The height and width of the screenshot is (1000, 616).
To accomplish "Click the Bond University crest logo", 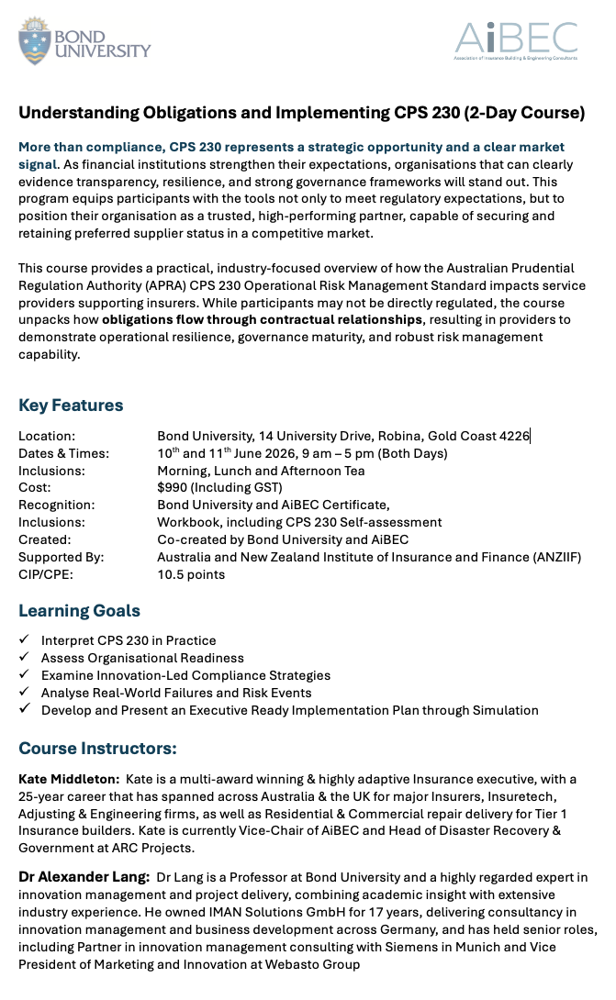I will click(x=35, y=41).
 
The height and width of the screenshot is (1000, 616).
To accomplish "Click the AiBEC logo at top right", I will click(x=516, y=41).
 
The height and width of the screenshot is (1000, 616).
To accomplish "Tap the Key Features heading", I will click(x=71, y=406).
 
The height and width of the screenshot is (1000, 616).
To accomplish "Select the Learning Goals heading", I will click(x=80, y=611).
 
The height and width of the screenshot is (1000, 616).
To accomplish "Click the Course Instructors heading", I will click(x=98, y=749).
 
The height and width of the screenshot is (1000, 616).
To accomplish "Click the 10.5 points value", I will click(x=191, y=574).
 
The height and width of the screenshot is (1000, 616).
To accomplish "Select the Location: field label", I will click(x=47, y=436).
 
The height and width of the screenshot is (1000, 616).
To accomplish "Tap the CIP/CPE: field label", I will click(x=45, y=574).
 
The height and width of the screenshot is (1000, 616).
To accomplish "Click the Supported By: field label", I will click(x=62, y=557).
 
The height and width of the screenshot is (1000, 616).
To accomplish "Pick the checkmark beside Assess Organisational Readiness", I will click(x=24, y=658).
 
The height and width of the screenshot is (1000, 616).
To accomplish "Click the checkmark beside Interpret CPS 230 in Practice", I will click(x=24, y=640).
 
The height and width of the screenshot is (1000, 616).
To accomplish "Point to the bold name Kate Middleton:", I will click(x=69, y=779).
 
